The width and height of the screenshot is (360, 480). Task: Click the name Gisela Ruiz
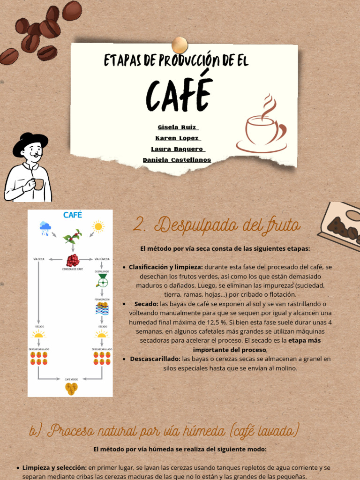[x=178, y=127]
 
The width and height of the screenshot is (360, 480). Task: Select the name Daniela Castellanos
[x=177, y=160]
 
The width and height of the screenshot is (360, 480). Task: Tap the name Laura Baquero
[x=178, y=149]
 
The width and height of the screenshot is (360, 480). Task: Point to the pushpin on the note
[x=180, y=45]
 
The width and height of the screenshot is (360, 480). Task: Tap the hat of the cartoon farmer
[x=30, y=142]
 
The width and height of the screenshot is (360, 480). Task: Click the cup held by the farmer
[x=38, y=184]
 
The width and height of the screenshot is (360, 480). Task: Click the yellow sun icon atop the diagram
[x=98, y=226]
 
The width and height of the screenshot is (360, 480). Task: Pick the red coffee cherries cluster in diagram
[x=73, y=260]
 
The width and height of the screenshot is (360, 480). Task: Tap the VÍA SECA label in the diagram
[x=39, y=259]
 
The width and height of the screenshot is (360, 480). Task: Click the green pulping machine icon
[x=102, y=281]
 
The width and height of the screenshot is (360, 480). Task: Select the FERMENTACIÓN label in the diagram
[x=102, y=299]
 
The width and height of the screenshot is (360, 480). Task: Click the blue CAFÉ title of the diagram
[x=73, y=215]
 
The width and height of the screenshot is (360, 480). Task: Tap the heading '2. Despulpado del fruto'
[x=216, y=225]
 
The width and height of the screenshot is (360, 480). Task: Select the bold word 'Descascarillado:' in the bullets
[x=155, y=359]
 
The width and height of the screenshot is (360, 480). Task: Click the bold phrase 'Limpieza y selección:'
[x=54, y=467]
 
